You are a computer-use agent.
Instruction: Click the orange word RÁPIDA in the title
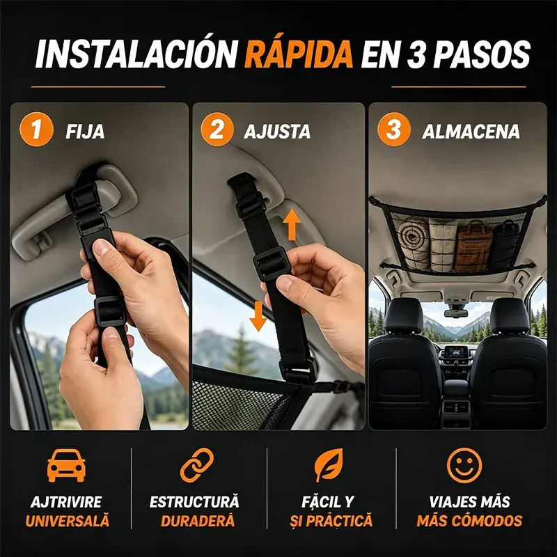coord(299,54)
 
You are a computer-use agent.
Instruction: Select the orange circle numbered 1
coord(36,130)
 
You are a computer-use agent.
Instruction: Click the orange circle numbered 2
coord(217,130)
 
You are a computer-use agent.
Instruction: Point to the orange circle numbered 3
coord(394,130)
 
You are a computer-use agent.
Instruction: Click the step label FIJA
coord(85,132)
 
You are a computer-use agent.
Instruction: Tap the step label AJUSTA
coord(277,132)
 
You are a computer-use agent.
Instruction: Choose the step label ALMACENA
coord(471,132)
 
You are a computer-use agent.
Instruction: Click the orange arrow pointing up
coord(292,224)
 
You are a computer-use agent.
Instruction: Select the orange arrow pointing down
coord(258,317)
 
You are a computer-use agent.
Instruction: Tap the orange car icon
coord(66,465)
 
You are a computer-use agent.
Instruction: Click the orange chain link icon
coord(197,465)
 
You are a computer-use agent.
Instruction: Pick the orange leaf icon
coord(329,465)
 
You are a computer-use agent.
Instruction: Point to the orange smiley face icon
coord(464,465)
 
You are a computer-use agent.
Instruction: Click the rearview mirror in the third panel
coord(456,313)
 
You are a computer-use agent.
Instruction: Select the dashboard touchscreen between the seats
coord(456,352)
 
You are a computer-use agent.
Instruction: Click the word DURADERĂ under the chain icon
coord(198,520)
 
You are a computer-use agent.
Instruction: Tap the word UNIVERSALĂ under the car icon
coord(67,520)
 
